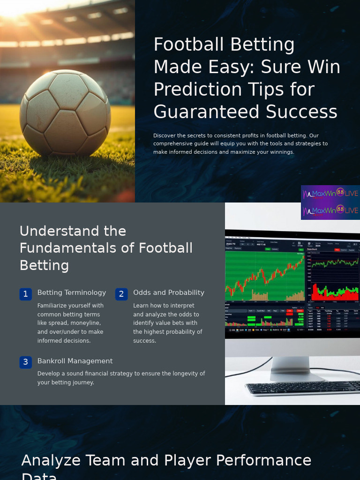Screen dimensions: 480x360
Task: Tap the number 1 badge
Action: [26, 294]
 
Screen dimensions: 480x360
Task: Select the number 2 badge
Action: [121, 294]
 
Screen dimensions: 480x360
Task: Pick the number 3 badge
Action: [26, 362]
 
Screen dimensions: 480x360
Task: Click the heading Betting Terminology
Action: [72, 292]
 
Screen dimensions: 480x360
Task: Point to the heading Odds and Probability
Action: [169, 292]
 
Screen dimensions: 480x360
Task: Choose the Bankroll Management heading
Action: [75, 361]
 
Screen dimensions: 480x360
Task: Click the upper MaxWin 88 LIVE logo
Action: [330, 193]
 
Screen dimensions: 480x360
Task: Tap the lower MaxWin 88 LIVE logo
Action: [330, 210]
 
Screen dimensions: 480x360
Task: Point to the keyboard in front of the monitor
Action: [302, 388]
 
